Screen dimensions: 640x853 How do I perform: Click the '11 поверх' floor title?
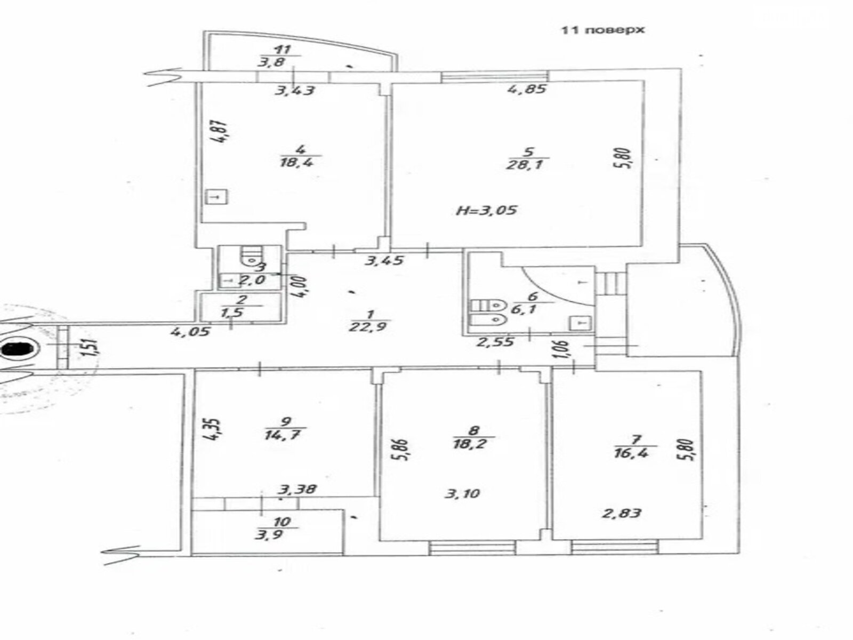(602, 30)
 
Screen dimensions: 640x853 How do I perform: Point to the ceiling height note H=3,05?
(487, 210)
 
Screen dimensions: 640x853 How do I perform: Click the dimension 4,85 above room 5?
(526, 89)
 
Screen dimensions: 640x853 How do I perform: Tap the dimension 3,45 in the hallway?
(383, 261)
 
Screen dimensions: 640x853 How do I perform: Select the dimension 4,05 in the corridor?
(190, 332)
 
